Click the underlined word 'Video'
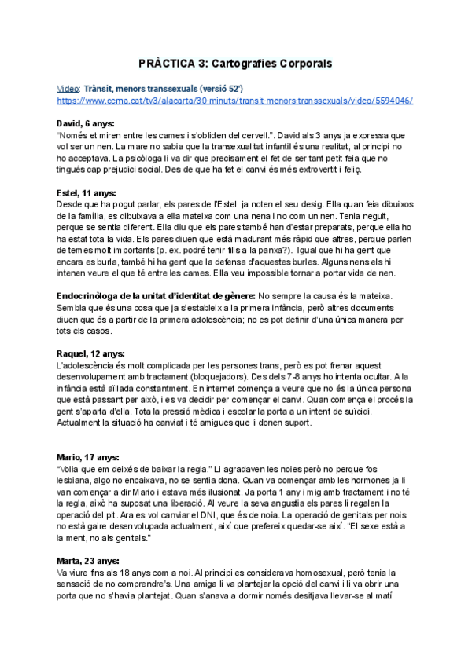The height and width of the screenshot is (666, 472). [x=68, y=89]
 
